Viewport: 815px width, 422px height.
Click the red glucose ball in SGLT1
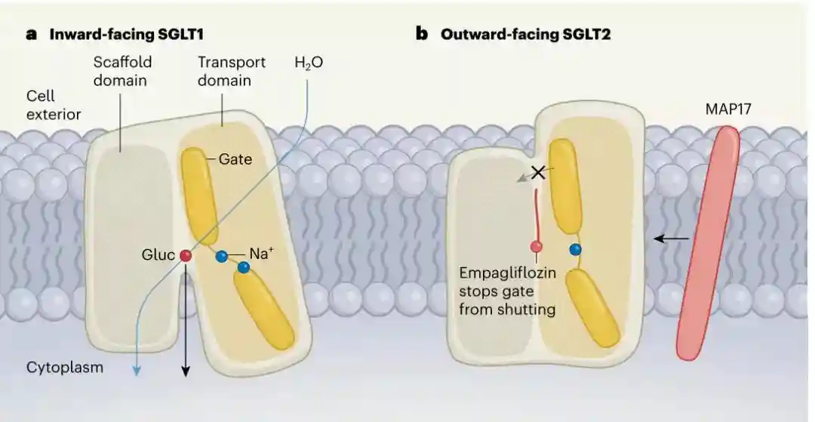(x=185, y=257)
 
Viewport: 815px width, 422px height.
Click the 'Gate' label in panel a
(x=235, y=159)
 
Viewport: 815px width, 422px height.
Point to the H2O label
(x=309, y=63)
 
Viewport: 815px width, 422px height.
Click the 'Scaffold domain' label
(x=120, y=70)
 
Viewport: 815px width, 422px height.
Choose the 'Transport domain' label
(x=231, y=70)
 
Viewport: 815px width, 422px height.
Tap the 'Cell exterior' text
(x=54, y=106)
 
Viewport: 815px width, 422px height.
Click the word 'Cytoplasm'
(x=65, y=368)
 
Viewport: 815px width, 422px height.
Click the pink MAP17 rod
(x=708, y=242)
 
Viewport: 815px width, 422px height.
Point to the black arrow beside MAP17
(x=671, y=239)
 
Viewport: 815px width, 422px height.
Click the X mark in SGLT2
(x=538, y=172)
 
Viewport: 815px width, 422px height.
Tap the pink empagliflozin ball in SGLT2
(x=537, y=246)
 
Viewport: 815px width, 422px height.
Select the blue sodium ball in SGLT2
(x=576, y=249)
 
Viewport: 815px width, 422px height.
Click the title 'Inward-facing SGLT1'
(x=127, y=34)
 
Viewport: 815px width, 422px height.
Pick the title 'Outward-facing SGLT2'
(x=524, y=34)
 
